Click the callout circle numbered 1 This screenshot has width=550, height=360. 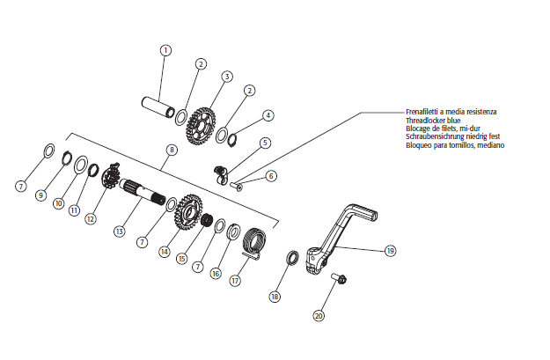(165, 50)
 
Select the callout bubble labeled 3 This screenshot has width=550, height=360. (226, 77)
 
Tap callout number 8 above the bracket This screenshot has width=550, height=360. (171, 151)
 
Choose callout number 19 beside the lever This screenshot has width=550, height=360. (390, 250)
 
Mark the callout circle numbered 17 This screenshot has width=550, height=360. (235, 281)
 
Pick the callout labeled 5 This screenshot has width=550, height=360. (265, 143)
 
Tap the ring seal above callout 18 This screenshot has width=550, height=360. (290, 257)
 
